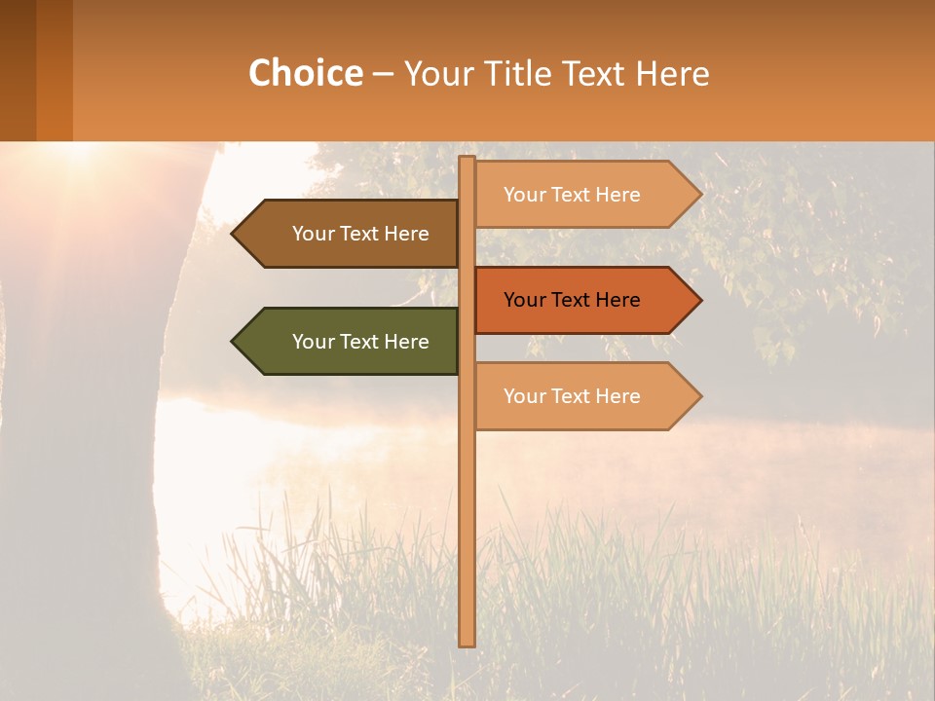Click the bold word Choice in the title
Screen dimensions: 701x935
[305, 74]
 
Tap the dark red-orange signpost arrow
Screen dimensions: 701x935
[584, 300]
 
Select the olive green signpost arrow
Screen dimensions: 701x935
[351, 342]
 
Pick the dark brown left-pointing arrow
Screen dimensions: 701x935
[351, 234]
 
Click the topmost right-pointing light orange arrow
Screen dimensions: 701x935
[584, 195]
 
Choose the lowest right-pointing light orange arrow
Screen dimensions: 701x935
[584, 396]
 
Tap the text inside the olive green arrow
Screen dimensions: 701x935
[360, 342]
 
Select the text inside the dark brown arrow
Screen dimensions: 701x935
[360, 234]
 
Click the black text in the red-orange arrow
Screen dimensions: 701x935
[572, 300]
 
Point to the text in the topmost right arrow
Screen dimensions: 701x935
[572, 195]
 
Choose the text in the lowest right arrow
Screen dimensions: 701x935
[572, 396]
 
